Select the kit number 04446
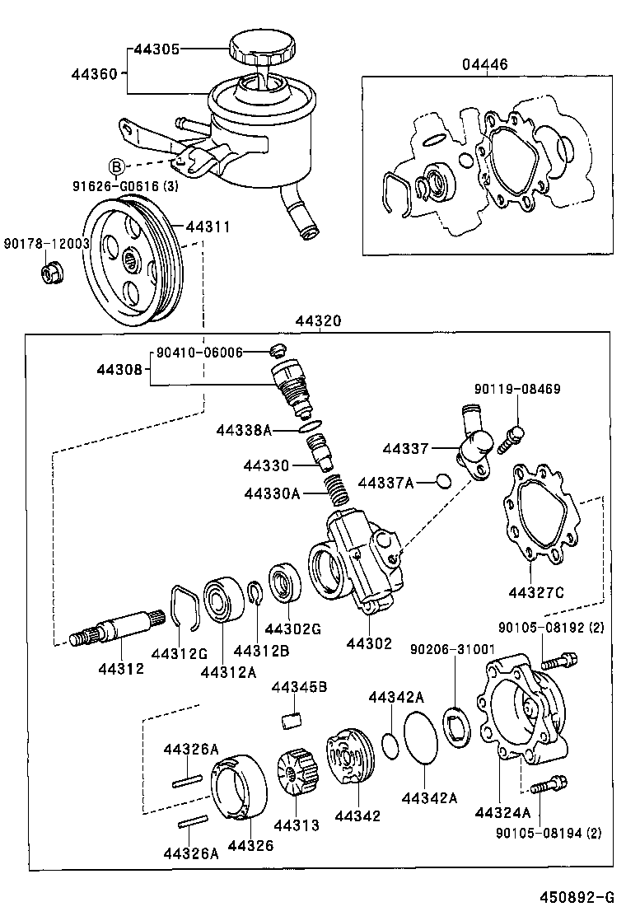click(x=486, y=65)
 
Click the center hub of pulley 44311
click(x=133, y=264)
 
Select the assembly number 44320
click(x=320, y=323)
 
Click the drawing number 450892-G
click(x=577, y=897)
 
